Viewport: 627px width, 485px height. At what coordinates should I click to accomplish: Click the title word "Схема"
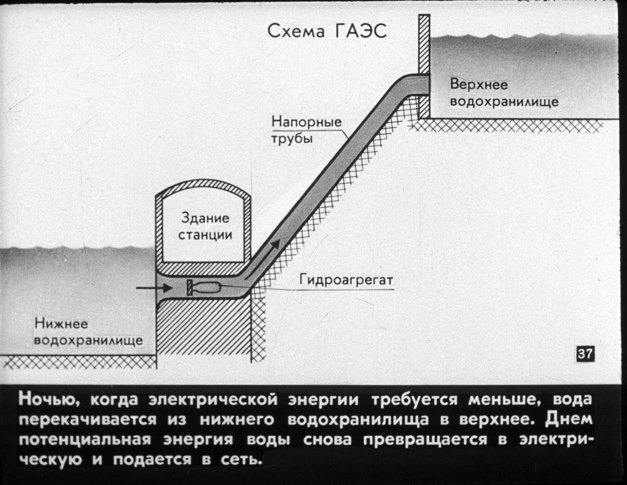click(x=296, y=31)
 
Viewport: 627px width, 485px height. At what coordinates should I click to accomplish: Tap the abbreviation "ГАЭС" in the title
click(x=361, y=31)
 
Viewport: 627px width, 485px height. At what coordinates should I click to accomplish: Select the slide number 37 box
click(x=585, y=353)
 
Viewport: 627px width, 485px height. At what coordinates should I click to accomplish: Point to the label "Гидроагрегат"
click(x=346, y=280)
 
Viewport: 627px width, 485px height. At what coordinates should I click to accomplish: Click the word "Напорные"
click(x=306, y=122)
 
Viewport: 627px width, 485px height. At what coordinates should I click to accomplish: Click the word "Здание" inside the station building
click(x=205, y=218)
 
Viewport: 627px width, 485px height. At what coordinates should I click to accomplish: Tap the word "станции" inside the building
click(x=205, y=234)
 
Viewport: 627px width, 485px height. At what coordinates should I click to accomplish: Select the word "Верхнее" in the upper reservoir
click(x=479, y=85)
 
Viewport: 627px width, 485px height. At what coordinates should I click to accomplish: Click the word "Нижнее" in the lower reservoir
click(x=61, y=323)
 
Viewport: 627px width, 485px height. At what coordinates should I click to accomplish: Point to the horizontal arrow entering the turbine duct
click(x=154, y=288)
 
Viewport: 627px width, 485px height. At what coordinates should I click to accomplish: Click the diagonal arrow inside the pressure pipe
click(x=262, y=260)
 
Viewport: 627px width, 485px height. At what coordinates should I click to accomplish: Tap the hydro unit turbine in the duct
click(x=204, y=288)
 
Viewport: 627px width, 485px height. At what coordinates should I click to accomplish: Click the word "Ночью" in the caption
click(x=48, y=400)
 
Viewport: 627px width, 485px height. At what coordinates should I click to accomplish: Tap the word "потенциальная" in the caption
click(x=85, y=440)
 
